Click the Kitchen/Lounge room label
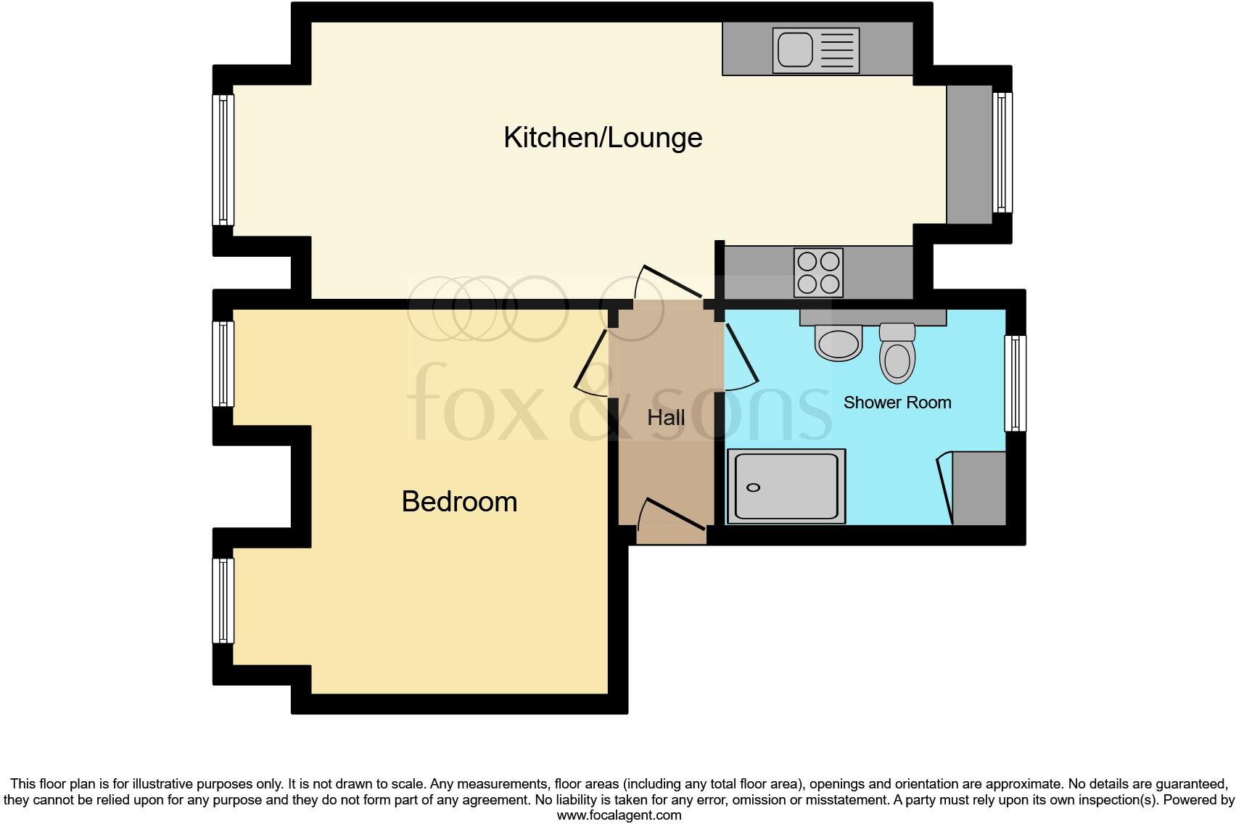point(603,137)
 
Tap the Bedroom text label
point(459,502)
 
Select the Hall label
point(666,418)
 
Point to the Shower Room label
point(897,403)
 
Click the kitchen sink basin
point(795,50)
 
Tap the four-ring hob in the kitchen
point(819,272)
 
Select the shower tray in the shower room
point(786,486)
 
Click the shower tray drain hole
point(754,487)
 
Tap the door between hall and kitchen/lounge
point(669,283)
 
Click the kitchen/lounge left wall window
point(223,160)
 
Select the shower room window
point(1015,383)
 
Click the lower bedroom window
point(223,600)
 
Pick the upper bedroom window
point(223,363)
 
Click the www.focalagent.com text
point(619,815)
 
